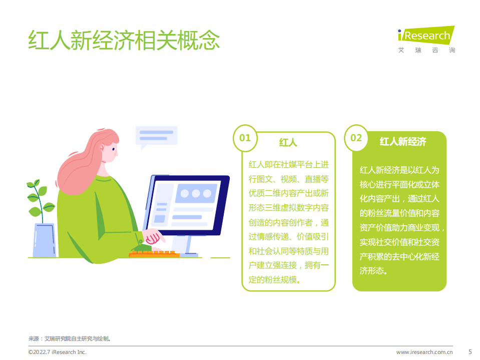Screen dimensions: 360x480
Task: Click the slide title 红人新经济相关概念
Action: pyautogui.click(x=124, y=41)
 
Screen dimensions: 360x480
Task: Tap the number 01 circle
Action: pyautogui.click(x=245, y=138)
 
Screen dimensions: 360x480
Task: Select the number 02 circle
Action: pyautogui.click(x=356, y=138)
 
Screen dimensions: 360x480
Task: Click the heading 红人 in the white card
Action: pyautogui.click(x=288, y=143)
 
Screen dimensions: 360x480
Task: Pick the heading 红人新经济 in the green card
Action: pyautogui.click(x=403, y=142)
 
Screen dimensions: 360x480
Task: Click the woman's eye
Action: pyautogui.click(x=114, y=149)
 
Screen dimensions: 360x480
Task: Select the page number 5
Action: pyautogui.click(x=469, y=351)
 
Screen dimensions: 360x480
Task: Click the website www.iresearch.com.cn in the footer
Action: pyautogui.click(x=424, y=352)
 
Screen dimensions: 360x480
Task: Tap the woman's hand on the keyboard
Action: pyautogui.click(x=153, y=237)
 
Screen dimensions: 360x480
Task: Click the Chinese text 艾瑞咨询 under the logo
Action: pyautogui.click(x=426, y=50)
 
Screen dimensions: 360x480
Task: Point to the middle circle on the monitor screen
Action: pyautogui.click(x=195, y=193)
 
